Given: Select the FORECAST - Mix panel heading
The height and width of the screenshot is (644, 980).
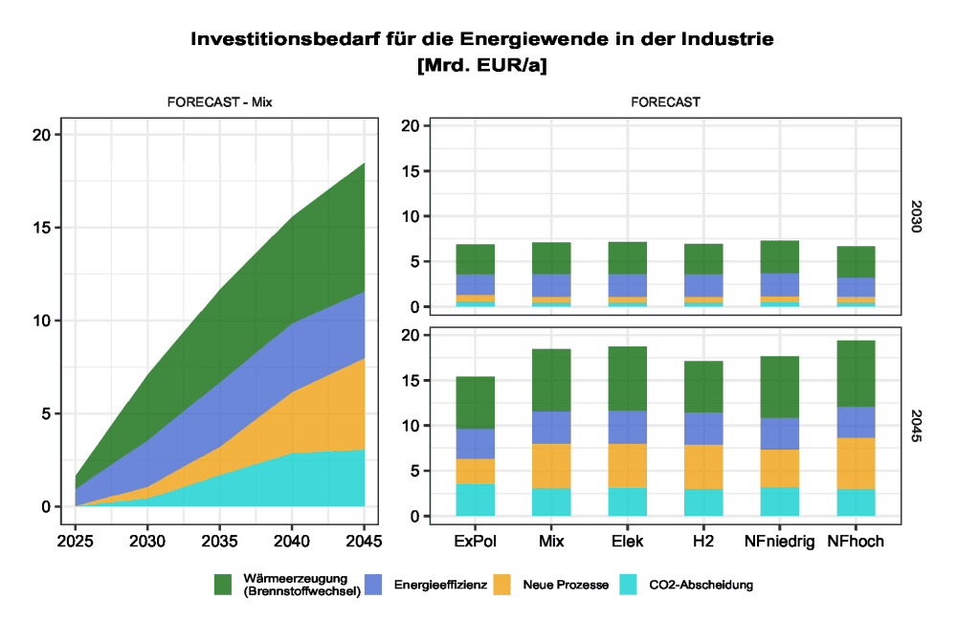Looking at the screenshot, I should click(220, 100).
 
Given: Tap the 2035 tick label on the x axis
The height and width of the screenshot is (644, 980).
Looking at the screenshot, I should click(221, 542).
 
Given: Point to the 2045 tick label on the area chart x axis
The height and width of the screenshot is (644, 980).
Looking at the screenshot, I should click(364, 542).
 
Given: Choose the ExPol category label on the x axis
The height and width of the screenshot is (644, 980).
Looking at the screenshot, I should click(476, 542).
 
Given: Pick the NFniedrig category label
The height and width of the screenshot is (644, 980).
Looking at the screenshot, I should click(779, 542).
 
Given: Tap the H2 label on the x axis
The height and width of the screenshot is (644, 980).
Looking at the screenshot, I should click(702, 542).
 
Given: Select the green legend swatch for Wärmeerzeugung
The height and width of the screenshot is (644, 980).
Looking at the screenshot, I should click(224, 585).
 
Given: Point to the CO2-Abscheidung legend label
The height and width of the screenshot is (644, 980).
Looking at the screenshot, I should click(701, 585).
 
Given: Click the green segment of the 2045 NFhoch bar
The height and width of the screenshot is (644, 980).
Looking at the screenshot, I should click(856, 373).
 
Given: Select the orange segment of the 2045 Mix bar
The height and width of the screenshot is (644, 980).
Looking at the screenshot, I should click(551, 466).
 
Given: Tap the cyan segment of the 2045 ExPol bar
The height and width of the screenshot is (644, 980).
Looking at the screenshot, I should click(476, 500).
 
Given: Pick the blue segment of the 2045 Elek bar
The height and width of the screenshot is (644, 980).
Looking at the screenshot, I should click(628, 427).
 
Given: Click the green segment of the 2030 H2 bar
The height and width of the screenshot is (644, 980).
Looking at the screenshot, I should click(702, 258).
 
